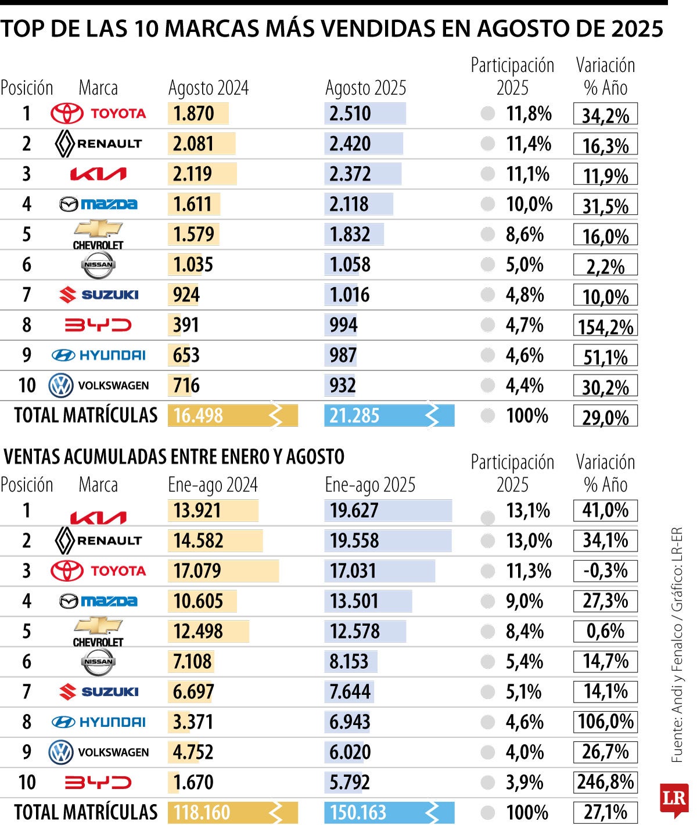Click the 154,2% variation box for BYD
coord(605,326)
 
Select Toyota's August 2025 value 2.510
coord(350,114)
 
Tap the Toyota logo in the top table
coord(98,114)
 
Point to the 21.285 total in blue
coord(355,416)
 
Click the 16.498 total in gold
coord(199,416)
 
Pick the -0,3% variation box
coord(605,571)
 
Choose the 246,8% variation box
coord(605,782)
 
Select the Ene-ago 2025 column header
coord(370,485)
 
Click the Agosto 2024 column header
coord(208,88)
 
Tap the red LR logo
coord(674,799)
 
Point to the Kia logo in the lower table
coord(98,517)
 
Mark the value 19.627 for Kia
coord(354,511)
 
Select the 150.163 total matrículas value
coord(358,812)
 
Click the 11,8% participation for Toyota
coord(528,114)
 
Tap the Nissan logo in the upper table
coord(98,265)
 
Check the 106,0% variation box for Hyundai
coord(605,722)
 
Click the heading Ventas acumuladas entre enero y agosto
coord(174,457)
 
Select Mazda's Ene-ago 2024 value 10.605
coord(198,601)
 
